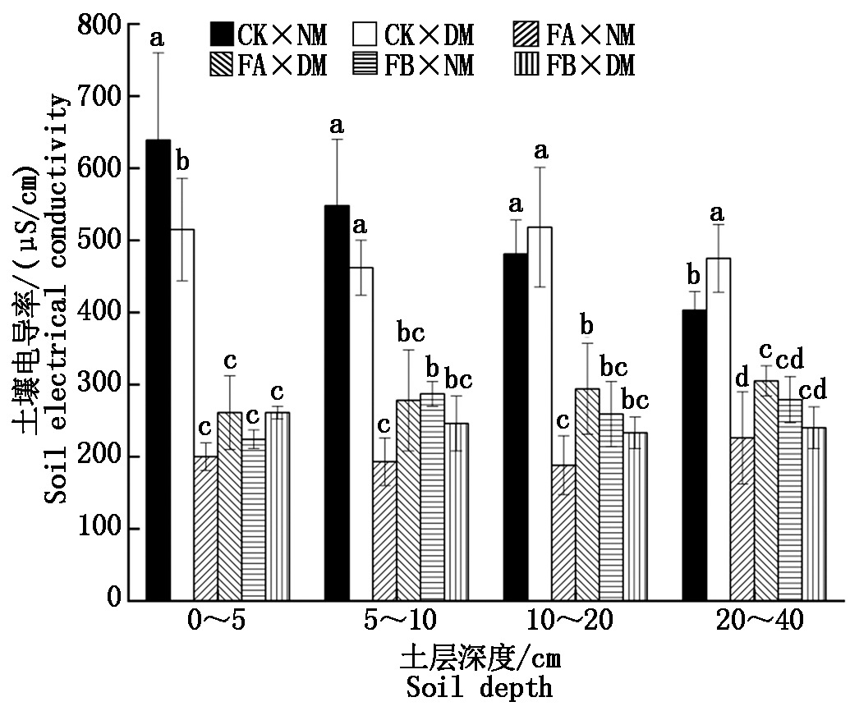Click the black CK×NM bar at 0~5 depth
coord(158,369)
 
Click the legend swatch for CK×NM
coord(222,34)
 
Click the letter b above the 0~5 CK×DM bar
coord(183,158)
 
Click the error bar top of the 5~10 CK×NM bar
coord(337,140)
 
